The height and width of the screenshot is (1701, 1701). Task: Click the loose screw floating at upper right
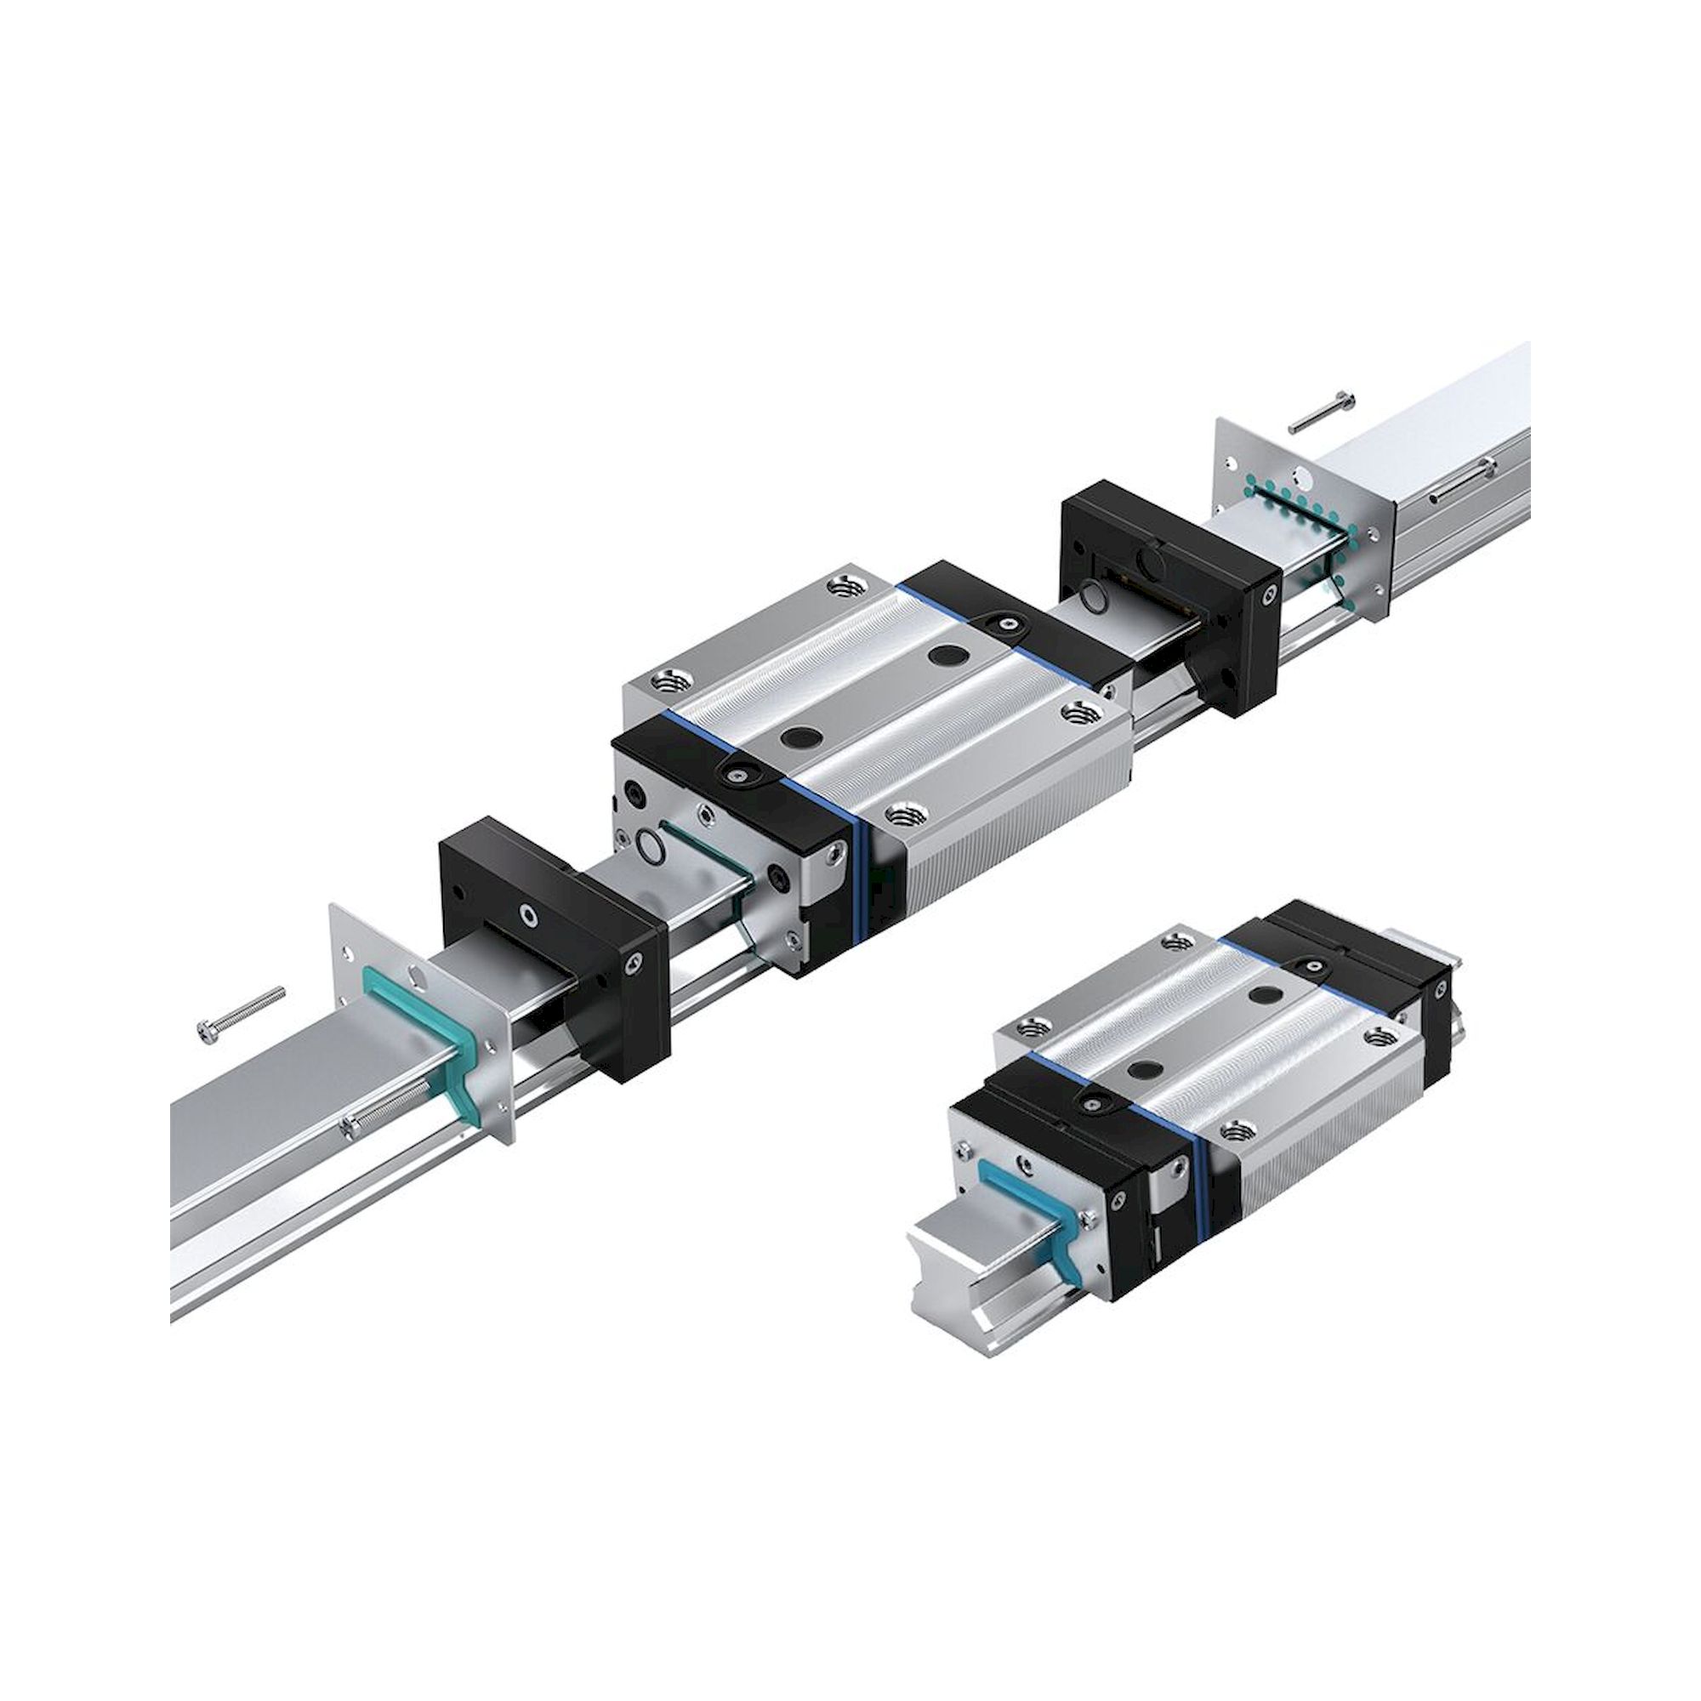1322,410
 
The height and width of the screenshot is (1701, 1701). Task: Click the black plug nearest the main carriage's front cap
802,734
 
